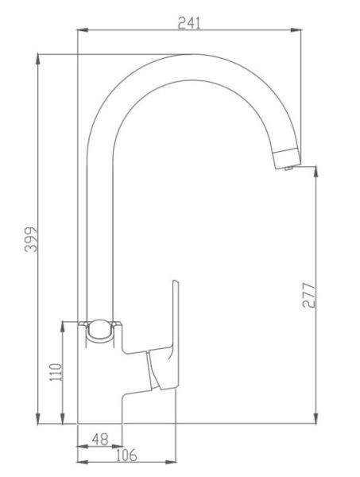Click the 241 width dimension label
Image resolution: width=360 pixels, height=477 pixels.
click(189, 23)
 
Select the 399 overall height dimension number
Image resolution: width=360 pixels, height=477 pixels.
click(30, 239)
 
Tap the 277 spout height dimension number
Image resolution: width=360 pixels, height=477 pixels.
click(309, 295)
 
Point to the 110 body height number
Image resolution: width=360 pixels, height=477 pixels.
click(56, 372)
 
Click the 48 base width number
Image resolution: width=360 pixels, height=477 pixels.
click(100, 440)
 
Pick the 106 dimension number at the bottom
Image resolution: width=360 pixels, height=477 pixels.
click(126, 455)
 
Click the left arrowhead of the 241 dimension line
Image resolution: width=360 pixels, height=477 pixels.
click(82, 30)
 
